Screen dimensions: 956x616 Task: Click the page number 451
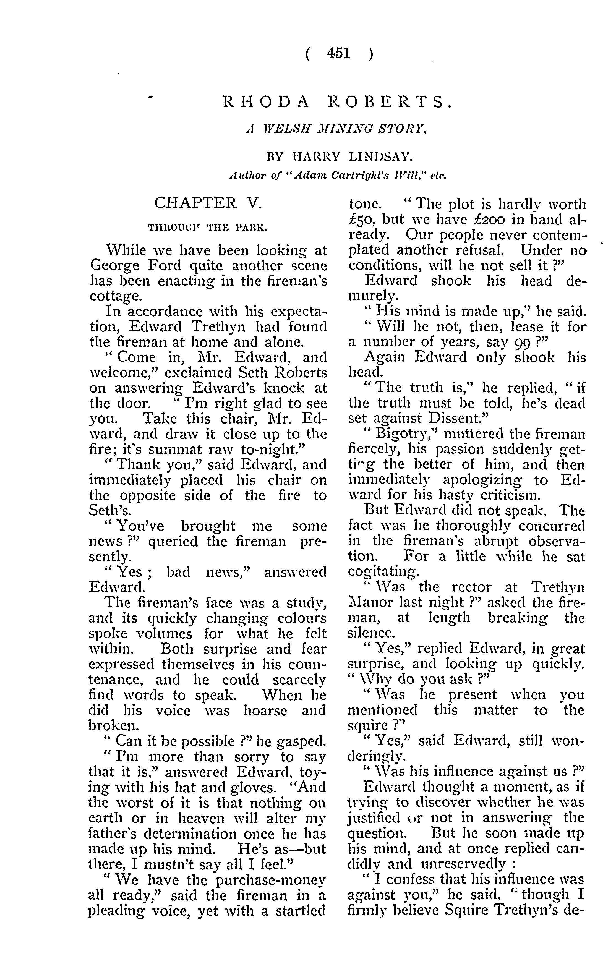338,53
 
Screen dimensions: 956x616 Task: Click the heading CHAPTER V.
208,203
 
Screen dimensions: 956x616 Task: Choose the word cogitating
383,572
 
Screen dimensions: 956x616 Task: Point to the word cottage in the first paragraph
115,296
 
